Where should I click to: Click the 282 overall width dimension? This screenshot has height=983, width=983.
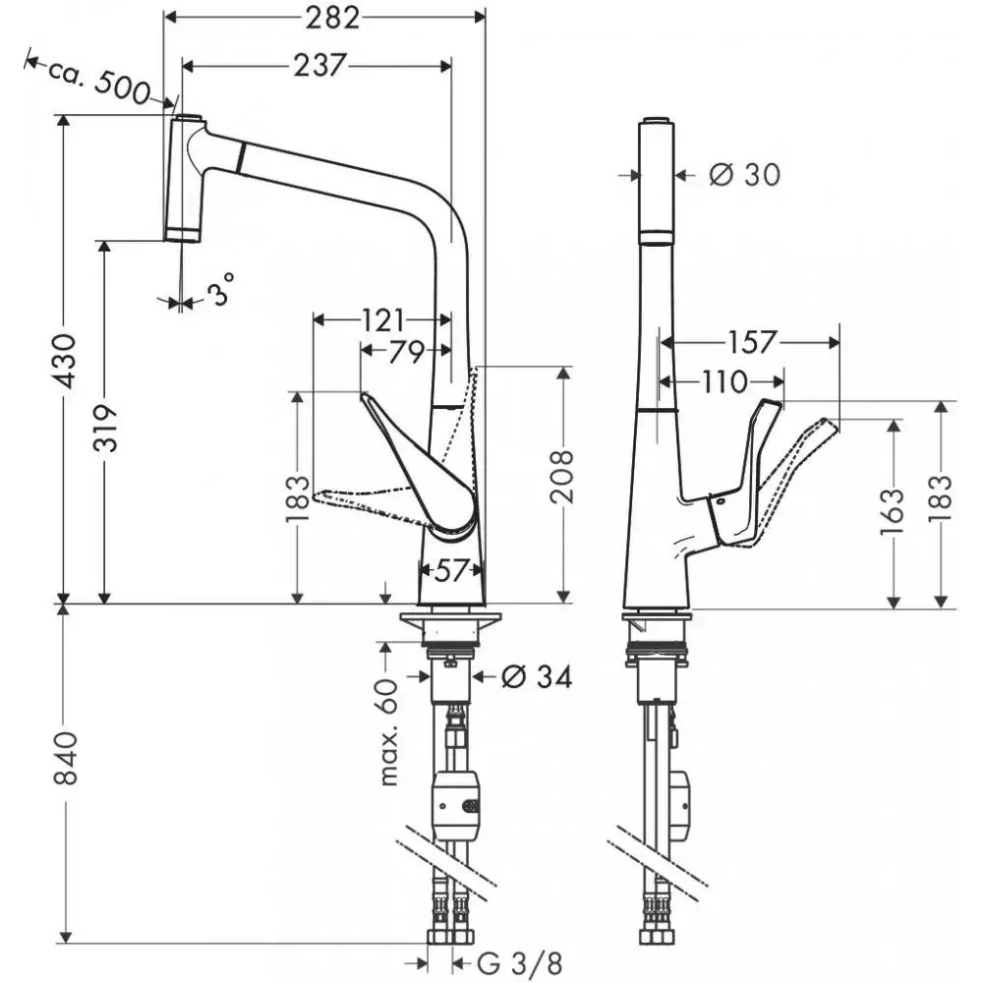point(323,17)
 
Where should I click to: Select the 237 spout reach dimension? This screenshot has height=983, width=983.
point(318,65)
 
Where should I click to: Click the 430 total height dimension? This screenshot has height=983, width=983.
point(64,361)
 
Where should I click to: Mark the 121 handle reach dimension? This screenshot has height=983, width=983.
point(382,319)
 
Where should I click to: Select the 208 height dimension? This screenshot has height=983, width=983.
point(562,477)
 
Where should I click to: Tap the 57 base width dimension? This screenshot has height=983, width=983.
point(450,570)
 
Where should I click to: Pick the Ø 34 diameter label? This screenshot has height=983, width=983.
point(536,676)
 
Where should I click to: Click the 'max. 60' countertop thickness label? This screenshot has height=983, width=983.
point(390,731)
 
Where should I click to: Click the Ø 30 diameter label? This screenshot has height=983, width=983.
point(744,175)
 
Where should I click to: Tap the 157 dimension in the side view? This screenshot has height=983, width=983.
point(753,342)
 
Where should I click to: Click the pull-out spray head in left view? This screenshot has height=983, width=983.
point(186,178)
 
